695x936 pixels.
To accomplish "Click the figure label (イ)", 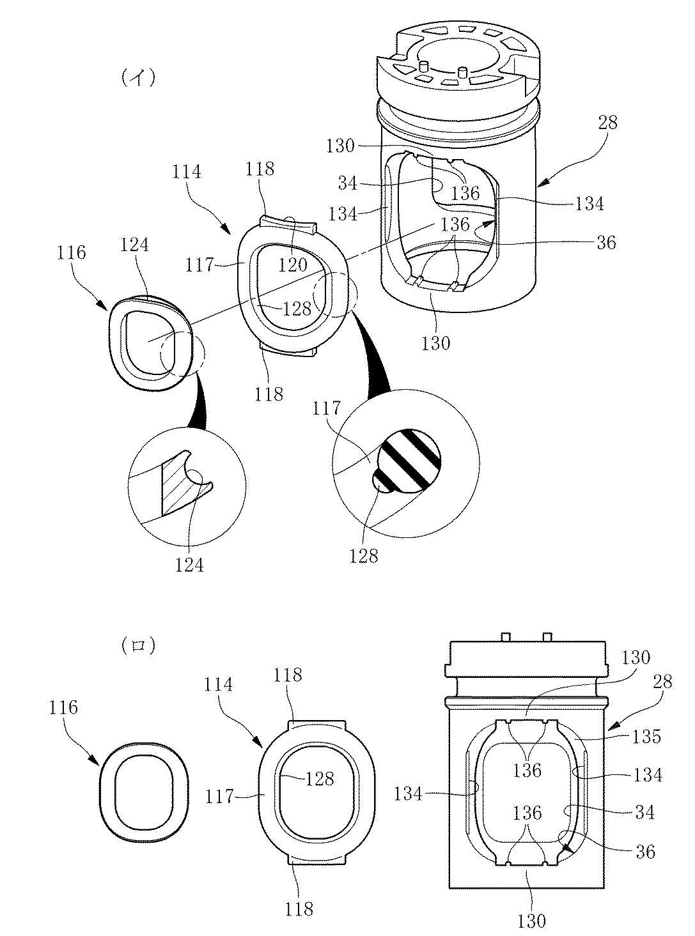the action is (139, 78).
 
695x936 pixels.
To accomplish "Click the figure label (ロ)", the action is (138, 646).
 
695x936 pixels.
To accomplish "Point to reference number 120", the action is (292, 265).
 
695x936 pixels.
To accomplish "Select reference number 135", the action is (646, 736).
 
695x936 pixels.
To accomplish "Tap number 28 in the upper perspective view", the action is (607, 123).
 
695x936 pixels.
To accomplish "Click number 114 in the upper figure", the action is (186, 172).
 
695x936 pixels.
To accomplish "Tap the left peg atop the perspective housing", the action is (425, 67).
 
